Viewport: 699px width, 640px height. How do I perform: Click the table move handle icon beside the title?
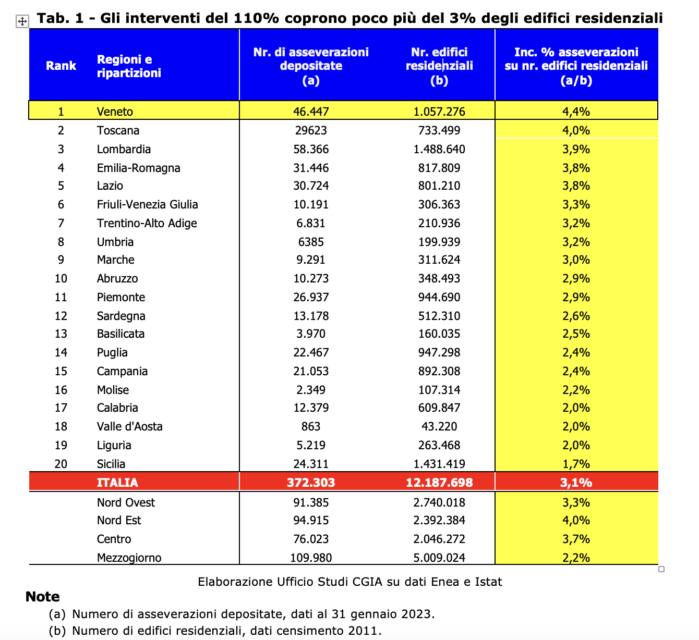pos(22,21)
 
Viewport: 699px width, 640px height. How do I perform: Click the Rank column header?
pos(61,66)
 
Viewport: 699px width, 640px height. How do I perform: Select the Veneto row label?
pos(115,112)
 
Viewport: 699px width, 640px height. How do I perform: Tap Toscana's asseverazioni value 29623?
pos(311,130)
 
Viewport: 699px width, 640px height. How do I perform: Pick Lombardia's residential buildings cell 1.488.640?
pos(439,149)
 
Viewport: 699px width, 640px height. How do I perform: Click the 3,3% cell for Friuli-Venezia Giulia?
pos(576,204)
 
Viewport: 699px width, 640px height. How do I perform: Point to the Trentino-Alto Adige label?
pos(147,223)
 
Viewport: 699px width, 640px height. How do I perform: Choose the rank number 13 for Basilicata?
pos(61,334)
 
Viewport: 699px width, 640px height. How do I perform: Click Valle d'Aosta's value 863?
pos(311,426)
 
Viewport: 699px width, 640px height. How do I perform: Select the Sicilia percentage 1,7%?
pos(576,464)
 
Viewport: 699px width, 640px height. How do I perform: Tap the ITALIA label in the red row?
pos(117,483)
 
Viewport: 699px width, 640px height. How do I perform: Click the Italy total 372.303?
pos(311,483)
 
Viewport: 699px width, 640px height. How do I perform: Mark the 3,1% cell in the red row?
pos(576,483)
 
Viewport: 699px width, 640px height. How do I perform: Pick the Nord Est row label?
pos(119,520)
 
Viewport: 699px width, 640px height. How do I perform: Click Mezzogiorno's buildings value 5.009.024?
pos(439,558)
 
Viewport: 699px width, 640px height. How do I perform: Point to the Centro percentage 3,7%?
pos(576,539)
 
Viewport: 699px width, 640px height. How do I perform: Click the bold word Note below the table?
pos(42,597)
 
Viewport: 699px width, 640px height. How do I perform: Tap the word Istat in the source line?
pos(488,582)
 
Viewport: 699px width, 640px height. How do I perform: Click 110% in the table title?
pos(256,18)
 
